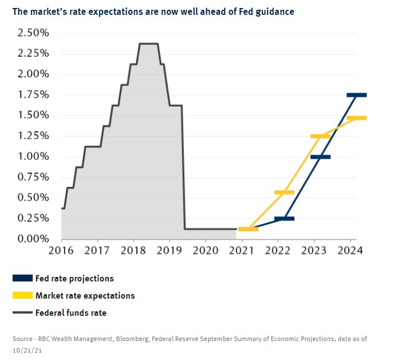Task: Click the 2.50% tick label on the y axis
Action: coord(33,33)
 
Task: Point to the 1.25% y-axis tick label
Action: coord(33,136)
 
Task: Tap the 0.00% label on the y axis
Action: coord(33,238)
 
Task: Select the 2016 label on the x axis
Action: coord(61,250)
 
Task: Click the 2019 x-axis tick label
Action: coord(170,250)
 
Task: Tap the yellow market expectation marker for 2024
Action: coord(356,118)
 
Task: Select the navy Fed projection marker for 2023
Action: coord(320,156)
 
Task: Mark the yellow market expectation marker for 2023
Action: coord(320,136)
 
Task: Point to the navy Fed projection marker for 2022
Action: coord(284,218)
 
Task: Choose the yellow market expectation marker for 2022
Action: coord(284,193)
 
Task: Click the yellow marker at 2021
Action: coord(248,229)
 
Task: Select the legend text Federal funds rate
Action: coord(70,313)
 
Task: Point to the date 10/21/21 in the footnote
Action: coord(26,349)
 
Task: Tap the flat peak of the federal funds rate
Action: coord(148,44)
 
